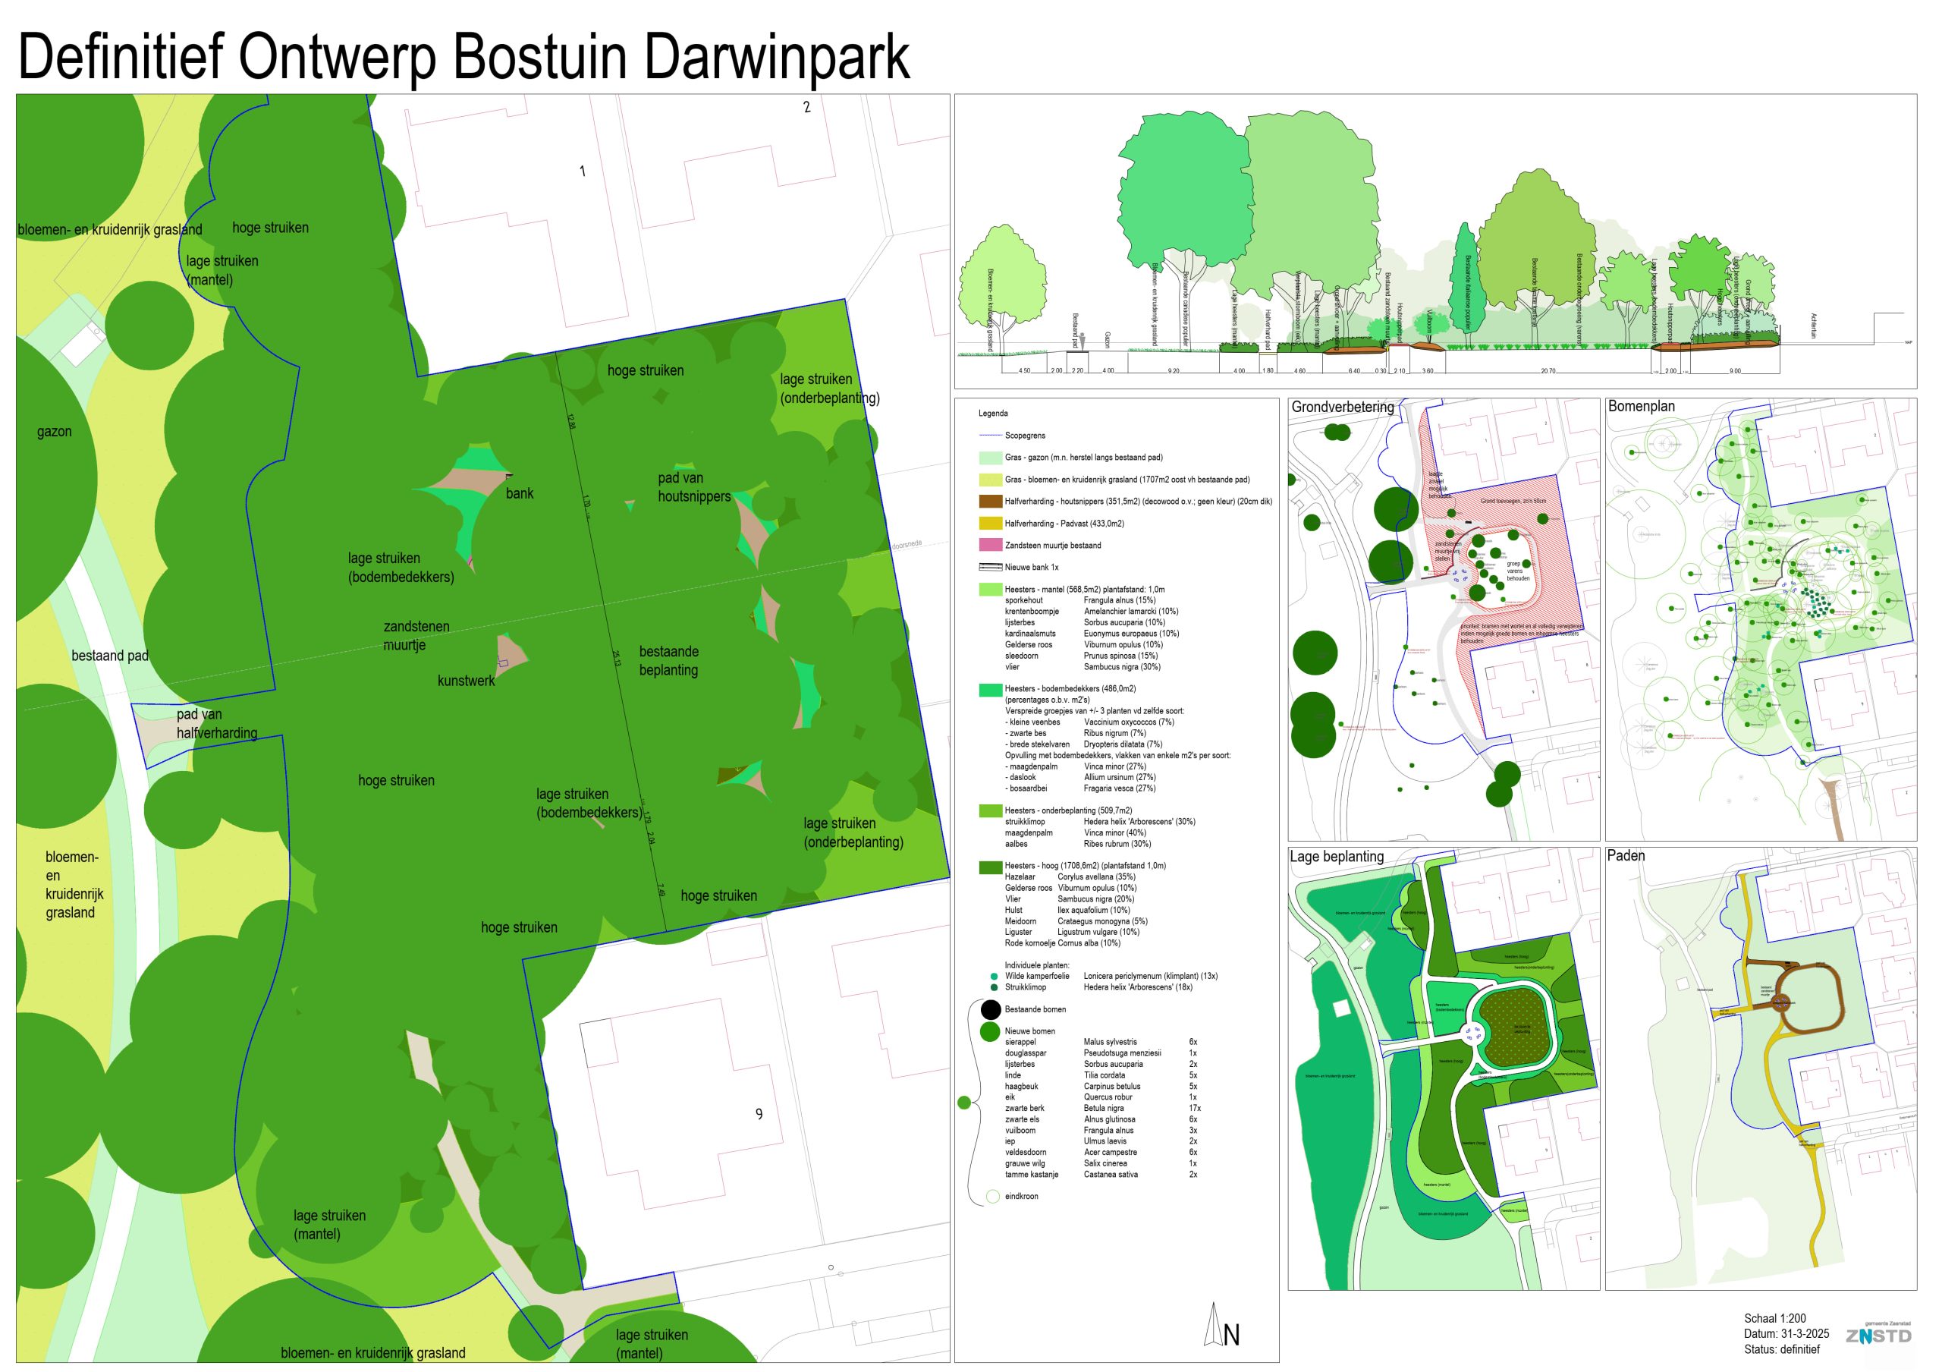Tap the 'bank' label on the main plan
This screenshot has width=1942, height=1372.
(520, 493)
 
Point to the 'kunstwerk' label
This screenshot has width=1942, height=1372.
(466, 680)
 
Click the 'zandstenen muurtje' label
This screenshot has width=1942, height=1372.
(416, 635)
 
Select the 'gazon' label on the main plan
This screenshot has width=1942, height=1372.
(54, 431)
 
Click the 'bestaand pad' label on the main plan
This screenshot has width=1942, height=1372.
(110, 656)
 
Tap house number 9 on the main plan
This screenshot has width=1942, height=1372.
(759, 1114)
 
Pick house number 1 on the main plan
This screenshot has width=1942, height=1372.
(582, 171)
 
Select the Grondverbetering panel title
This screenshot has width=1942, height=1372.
(1342, 407)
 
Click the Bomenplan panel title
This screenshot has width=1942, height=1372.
(1641, 406)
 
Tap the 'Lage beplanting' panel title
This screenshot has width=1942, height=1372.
(1337, 856)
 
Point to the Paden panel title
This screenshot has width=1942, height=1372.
(1625, 855)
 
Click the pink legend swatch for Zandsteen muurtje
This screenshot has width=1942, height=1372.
(990, 546)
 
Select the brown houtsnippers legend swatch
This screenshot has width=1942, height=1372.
(990, 502)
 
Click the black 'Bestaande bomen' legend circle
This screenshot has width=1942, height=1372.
(991, 1009)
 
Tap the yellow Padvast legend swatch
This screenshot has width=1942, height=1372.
(990, 524)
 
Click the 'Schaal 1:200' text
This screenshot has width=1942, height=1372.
(1774, 1318)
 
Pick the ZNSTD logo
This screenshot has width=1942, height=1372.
(1878, 1336)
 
